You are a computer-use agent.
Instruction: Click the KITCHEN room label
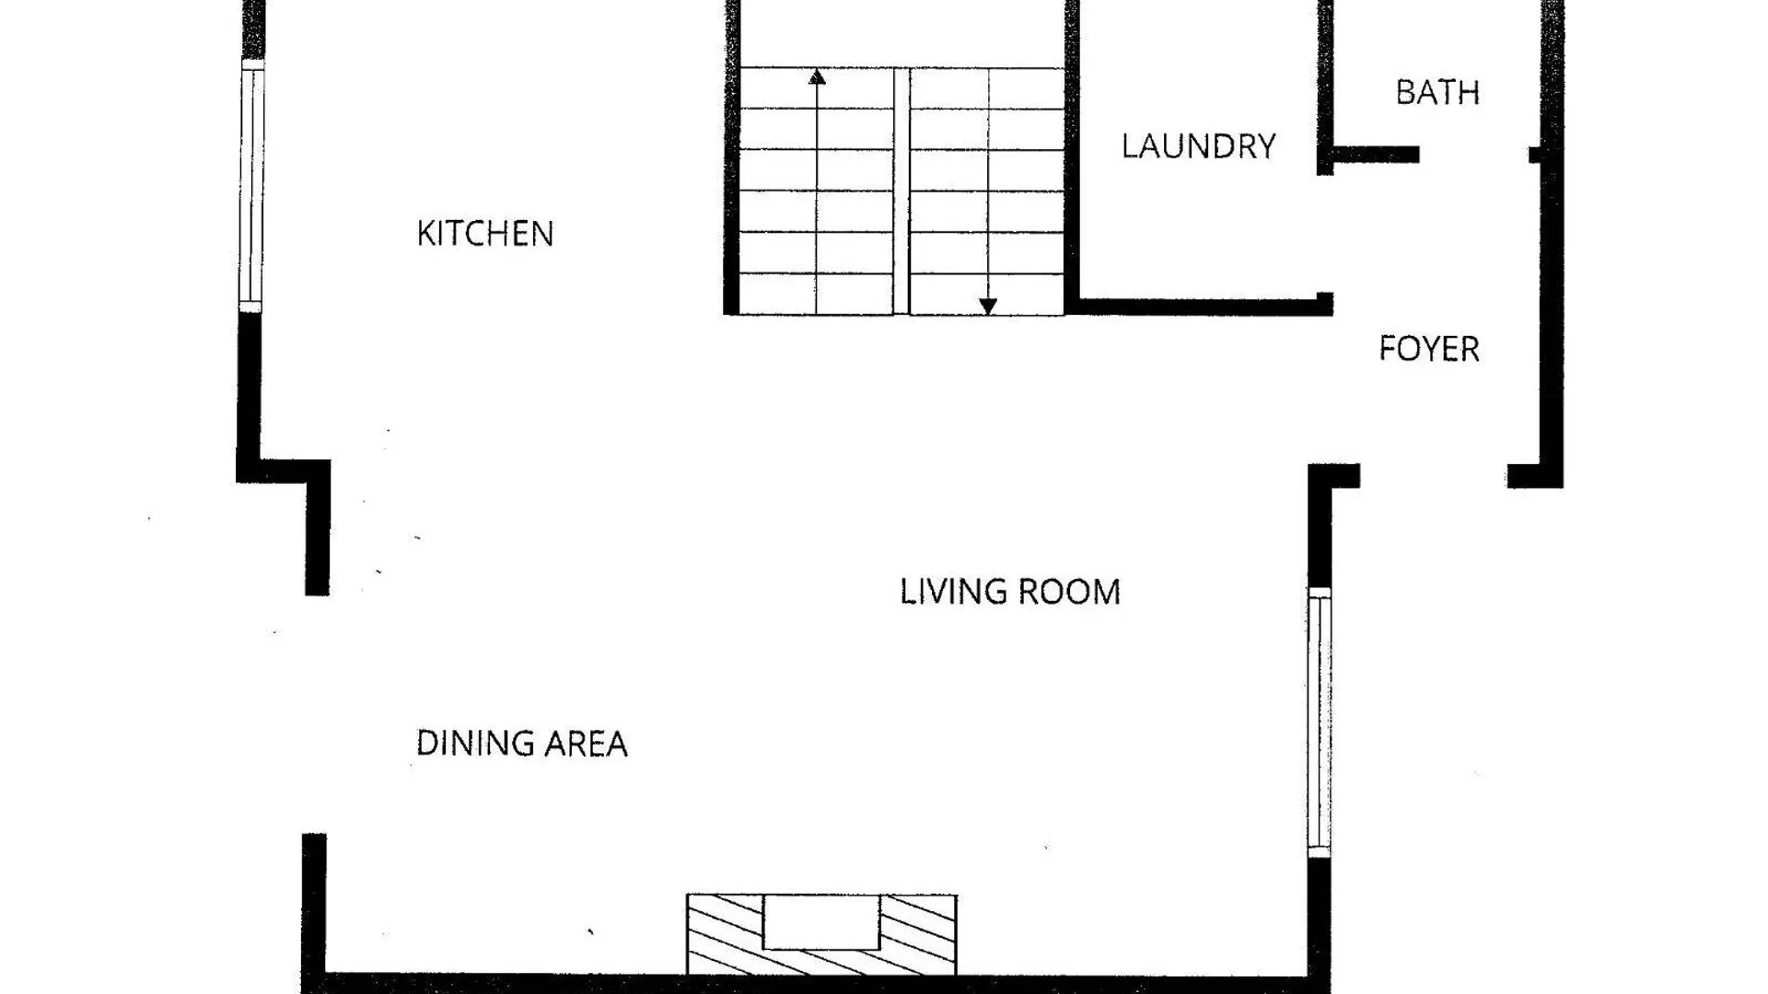point(485,234)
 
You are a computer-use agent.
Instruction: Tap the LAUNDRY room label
point(1199,146)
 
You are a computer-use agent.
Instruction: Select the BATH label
point(1437,92)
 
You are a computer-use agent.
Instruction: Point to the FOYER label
point(1429,349)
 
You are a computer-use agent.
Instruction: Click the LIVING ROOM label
point(1010,592)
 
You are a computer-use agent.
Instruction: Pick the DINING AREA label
point(522,744)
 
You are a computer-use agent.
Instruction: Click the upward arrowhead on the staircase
point(817,77)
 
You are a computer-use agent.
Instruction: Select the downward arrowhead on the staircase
point(988,306)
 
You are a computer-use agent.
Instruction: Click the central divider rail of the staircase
point(901,191)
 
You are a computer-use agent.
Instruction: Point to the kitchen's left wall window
point(251,186)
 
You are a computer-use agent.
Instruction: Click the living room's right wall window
point(1320,722)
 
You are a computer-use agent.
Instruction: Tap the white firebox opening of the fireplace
point(821,921)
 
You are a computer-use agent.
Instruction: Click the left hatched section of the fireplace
point(726,934)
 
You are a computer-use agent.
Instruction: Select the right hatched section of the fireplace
point(918,934)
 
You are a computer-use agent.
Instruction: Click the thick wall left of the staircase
point(732,157)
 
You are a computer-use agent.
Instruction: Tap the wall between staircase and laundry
point(1072,156)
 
